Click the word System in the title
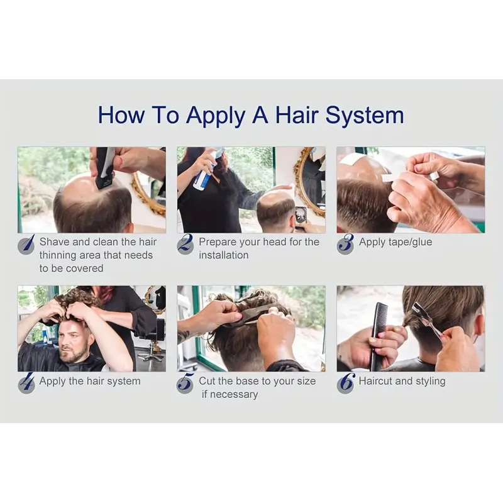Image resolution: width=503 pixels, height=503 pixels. [x=365, y=115]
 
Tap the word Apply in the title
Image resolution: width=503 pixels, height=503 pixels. [x=216, y=115]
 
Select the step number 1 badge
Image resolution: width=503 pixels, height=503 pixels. [x=26, y=245]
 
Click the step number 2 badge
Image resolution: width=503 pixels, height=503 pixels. [x=185, y=245]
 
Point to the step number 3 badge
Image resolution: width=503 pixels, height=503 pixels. [x=345, y=245]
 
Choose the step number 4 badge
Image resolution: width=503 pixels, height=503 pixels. [x=26, y=383]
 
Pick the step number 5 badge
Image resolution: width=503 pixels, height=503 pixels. [x=185, y=383]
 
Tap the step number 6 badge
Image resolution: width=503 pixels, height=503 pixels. [x=345, y=383]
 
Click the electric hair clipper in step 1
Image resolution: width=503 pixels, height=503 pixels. [x=103, y=167]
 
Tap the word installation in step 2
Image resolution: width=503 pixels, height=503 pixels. [x=224, y=255]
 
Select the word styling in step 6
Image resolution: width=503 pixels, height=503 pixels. [x=431, y=382]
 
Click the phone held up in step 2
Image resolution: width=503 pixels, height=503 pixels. [x=300, y=217]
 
